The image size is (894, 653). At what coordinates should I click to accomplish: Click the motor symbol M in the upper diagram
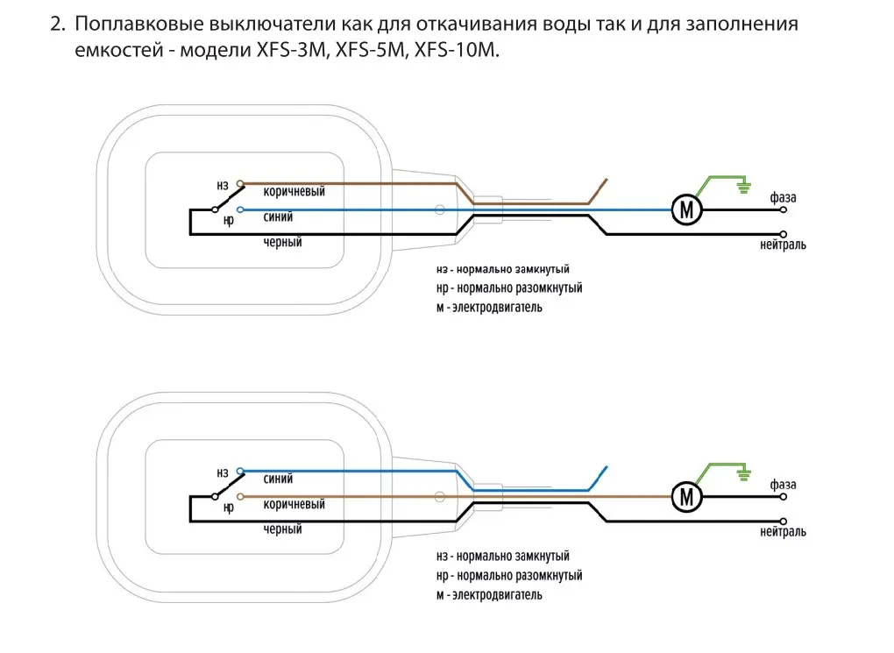point(687,209)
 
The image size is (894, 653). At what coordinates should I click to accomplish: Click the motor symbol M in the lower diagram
point(687,498)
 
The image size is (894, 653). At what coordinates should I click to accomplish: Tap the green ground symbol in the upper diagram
point(743,185)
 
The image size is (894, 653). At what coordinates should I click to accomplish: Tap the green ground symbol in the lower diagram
point(743,473)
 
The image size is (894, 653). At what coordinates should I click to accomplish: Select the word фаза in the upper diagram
point(783,198)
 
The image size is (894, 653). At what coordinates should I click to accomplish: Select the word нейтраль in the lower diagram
point(783,532)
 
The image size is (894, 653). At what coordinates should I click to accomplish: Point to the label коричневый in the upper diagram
point(294,192)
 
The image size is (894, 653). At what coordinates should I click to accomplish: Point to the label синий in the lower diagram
point(278,479)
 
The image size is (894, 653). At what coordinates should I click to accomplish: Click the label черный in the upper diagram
point(282,242)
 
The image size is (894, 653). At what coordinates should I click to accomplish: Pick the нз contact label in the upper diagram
point(223,186)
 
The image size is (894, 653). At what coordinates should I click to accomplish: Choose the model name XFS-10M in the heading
point(456,50)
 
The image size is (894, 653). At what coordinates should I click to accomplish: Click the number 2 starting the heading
point(57,25)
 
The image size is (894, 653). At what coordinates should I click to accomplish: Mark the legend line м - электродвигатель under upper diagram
point(489,308)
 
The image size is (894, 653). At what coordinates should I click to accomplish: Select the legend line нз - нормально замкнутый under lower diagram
point(502,557)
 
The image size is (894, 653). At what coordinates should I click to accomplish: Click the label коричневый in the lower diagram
point(294,505)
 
